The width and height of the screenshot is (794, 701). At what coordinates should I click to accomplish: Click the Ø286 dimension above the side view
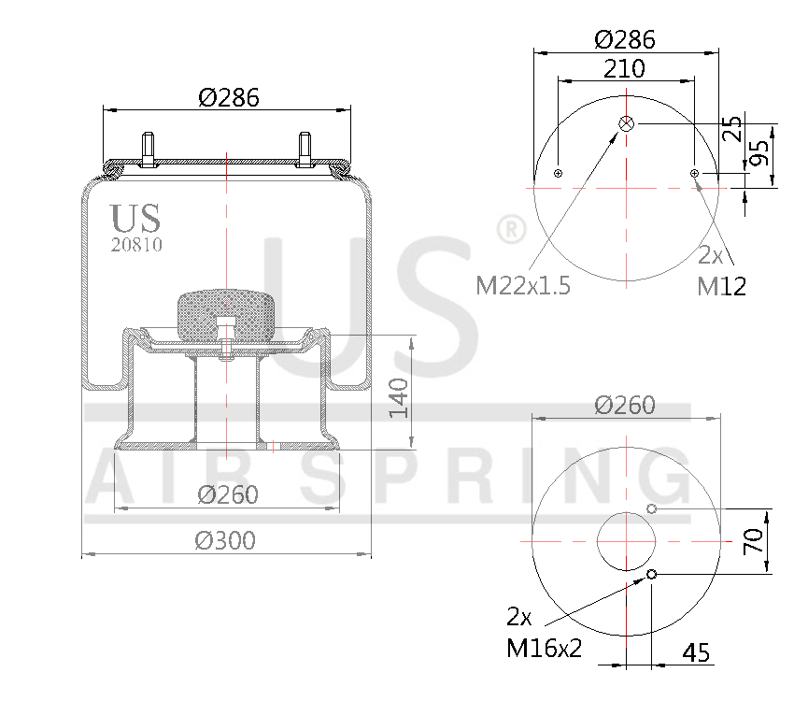click(x=228, y=97)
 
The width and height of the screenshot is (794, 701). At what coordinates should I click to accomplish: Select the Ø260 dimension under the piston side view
click(x=227, y=494)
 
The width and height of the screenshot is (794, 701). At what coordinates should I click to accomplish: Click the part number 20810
click(x=136, y=246)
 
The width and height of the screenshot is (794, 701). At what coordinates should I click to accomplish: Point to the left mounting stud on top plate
click(x=149, y=150)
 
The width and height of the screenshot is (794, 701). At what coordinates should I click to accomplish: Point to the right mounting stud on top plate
click(x=305, y=150)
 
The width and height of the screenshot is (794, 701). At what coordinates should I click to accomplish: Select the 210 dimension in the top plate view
click(x=624, y=67)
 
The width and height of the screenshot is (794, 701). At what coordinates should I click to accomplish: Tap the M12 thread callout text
click(x=721, y=286)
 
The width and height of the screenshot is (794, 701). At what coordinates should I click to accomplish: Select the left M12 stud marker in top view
click(x=558, y=173)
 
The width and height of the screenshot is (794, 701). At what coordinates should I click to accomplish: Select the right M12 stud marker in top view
click(x=694, y=173)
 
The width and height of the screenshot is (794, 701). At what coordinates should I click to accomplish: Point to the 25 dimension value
click(x=732, y=127)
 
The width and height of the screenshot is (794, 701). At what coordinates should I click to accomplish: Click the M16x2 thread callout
click(x=544, y=647)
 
